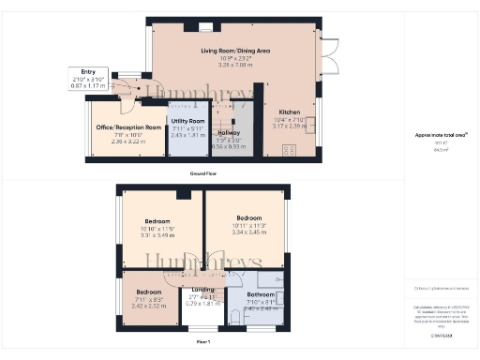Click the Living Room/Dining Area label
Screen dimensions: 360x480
236,51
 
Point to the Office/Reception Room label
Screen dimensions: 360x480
124,127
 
